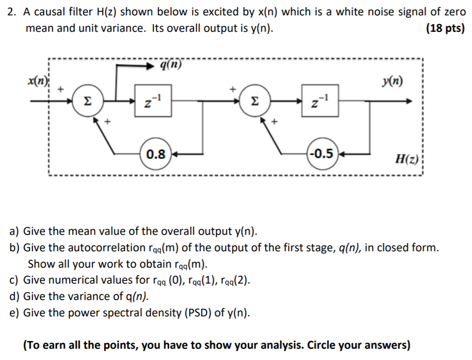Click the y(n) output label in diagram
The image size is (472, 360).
393,82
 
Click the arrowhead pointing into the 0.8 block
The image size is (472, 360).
175,153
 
